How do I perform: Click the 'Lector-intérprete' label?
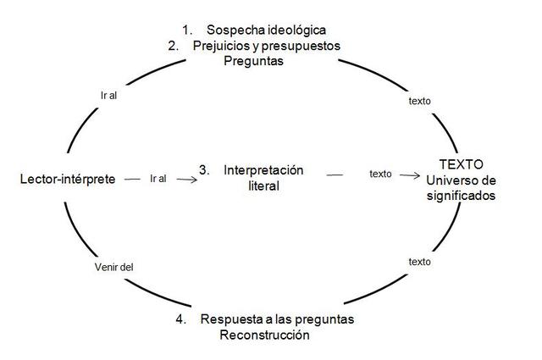pos(67,180)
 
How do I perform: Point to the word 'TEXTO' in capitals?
pos(461,163)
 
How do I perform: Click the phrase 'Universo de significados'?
pos(461,187)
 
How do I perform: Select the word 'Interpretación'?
pos(263,169)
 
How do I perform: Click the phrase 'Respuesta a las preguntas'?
pos(277,319)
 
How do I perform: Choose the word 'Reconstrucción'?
pos(264,335)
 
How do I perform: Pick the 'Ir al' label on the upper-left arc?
pos(109,95)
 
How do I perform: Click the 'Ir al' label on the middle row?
pos(158,179)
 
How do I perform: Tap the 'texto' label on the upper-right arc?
pos(419,101)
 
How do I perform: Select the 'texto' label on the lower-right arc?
pos(419,262)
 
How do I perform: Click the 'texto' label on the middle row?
pos(380,174)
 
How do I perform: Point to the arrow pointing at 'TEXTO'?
pos(410,175)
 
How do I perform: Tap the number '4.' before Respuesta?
pos(182,319)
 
